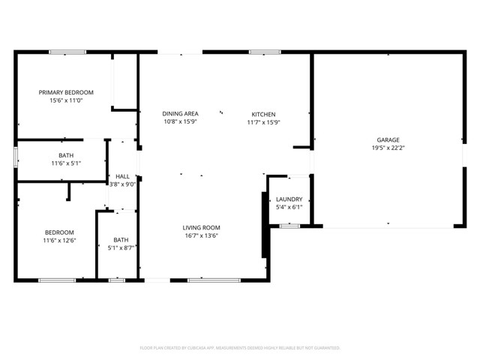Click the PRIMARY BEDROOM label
pos(65,92)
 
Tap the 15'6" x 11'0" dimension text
pos(65,100)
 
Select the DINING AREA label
pos(180,113)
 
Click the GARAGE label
pos(388,139)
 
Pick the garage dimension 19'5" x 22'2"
pos(388,148)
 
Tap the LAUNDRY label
pos(289,199)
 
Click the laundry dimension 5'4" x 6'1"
pos(289,207)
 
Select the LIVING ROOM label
pos(201,227)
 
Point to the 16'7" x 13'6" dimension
pos(201,235)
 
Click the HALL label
pos(122,176)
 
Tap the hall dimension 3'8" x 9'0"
pos(122,184)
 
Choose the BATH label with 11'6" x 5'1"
pos(66,155)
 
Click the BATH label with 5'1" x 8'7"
pos(121,239)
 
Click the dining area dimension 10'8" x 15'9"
pos(180,122)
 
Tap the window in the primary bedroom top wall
pos(67,52)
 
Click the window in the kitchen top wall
pos(260,52)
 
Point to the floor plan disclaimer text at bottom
pos(240,348)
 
